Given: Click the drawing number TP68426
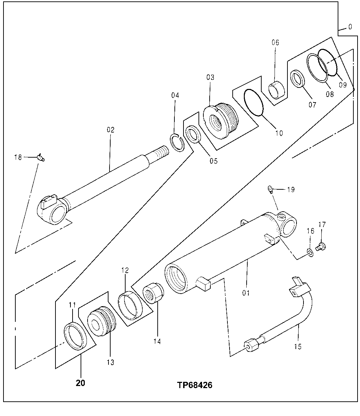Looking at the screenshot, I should pyautogui.click(x=194, y=385).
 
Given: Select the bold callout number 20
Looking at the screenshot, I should pyautogui.click(x=80, y=383).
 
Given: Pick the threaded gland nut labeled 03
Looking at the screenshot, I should pyautogui.click(x=220, y=121).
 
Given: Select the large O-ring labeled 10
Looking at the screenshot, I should pyautogui.click(x=254, y=102).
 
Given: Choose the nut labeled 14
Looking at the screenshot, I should pyautogui.click(x=153, y=294).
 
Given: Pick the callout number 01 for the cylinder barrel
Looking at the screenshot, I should pyautogui.click(x=246, y=293).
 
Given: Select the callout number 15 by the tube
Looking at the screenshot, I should pyautogui.click(x=298, y=347).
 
